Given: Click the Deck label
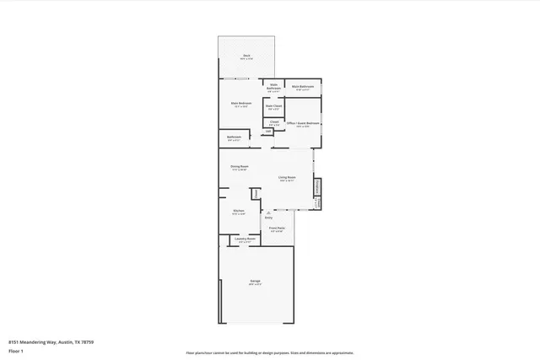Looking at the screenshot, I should coord(246,56).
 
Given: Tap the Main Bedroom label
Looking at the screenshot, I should coord(240,105).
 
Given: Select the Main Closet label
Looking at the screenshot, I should coord(274,107).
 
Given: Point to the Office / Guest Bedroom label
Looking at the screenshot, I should coord(303,124).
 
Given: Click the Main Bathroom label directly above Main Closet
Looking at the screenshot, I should coord(274,87).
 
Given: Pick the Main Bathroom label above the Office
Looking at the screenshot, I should coord(303,87).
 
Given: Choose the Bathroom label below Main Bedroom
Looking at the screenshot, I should coord(234,137).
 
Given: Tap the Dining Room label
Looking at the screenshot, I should coord(240,168).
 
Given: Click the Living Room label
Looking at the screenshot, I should coord(287,178).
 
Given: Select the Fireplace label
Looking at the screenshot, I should coord(317,186).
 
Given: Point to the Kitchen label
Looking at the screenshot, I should coord(239,212).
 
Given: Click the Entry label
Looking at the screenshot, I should coord(269,218).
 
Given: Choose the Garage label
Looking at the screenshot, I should coord(255,282).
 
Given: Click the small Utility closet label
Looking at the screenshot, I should coord(269,131).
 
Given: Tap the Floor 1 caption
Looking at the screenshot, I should coord(16,350).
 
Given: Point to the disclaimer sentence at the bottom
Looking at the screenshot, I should coord(269,352).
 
